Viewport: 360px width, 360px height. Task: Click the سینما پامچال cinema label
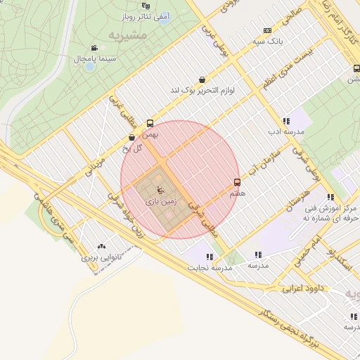tap(89, 59)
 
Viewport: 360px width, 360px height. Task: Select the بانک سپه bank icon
tap(267, 30)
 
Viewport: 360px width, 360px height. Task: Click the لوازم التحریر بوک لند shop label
tap(202, 91)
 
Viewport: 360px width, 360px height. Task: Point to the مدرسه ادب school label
tap(284, 131)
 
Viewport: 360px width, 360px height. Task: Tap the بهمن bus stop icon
tap(149, 123)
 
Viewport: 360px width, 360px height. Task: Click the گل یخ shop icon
tap(132, 138)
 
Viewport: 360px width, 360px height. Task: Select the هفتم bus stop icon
tap(237, 181)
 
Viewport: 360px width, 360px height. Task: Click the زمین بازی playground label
tap(160, 200)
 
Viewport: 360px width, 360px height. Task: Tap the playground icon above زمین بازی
tap(160, 188)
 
